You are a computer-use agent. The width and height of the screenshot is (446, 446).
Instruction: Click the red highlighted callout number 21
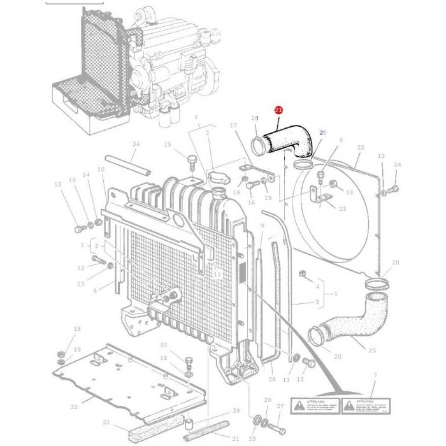[278, 110]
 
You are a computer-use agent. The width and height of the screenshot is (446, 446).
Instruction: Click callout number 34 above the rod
[135, 144]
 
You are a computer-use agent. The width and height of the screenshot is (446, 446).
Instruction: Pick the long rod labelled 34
[128, 164]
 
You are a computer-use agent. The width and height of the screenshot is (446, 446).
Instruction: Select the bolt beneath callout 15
[191, 159]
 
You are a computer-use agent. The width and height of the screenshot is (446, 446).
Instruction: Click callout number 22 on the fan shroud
[361, 148]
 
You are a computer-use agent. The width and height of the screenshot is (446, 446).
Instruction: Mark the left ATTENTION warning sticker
[313, 405]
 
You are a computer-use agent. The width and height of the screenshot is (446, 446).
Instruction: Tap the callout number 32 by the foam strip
[106, 422]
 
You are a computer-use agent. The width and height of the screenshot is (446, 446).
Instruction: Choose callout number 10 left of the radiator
[101, 169]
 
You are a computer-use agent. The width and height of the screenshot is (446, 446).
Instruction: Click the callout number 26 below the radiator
[272, 379]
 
